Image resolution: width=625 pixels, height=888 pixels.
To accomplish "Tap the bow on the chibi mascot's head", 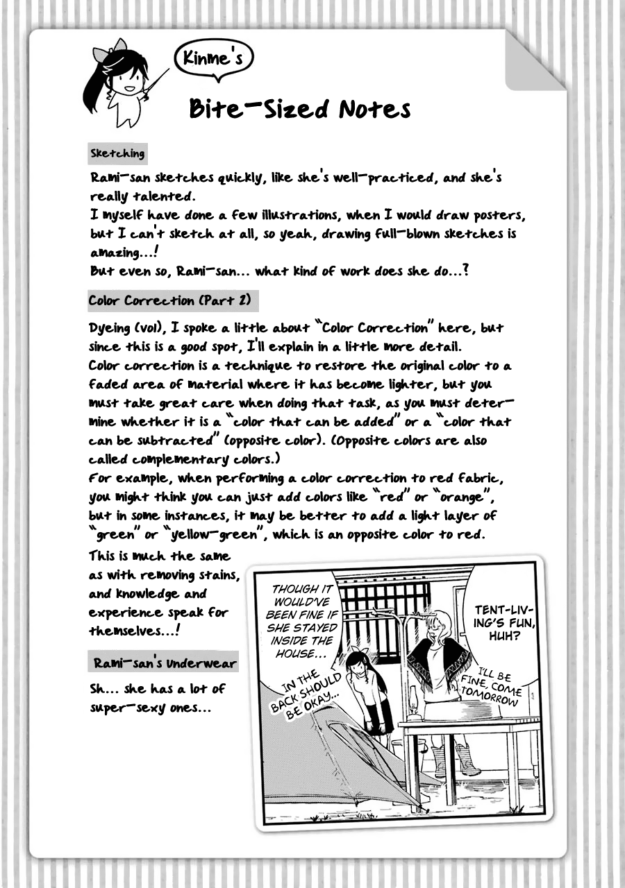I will click(117, 46).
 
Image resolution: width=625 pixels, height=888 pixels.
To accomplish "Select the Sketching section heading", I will click(117, 153).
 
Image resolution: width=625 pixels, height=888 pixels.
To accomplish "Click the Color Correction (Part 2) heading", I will click(169, 300).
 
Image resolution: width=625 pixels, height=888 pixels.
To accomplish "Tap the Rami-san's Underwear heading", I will click(165, 663).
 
